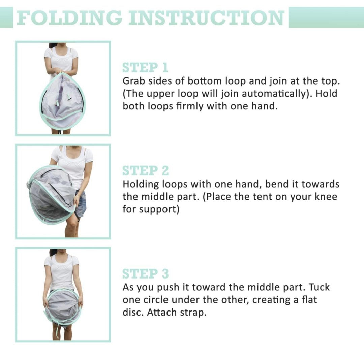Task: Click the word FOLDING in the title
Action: [69, 18]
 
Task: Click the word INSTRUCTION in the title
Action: [206, 18]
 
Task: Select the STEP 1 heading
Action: [145, 67]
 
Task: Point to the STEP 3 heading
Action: [146, 273]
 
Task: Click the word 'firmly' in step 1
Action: [190, 106]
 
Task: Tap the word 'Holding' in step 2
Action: [141, 184]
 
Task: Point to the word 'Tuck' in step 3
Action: [319, 287]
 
